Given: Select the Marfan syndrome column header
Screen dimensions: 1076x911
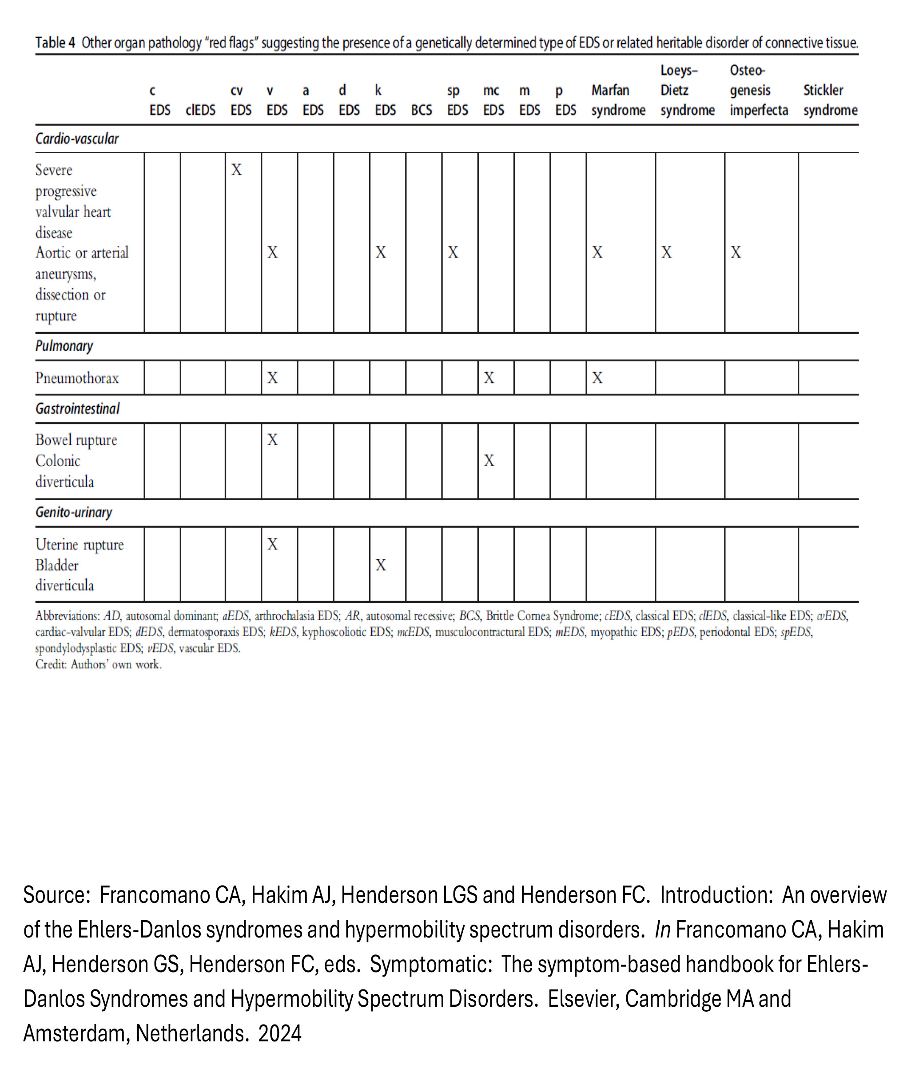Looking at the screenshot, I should [618, 100].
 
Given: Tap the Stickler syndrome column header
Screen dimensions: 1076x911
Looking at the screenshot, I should [829, 100].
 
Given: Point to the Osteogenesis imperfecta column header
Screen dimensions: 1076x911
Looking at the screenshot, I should [758, 90].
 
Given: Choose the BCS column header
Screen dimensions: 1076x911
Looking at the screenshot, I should [421, 111].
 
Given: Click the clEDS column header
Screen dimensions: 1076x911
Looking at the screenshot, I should [200, 111].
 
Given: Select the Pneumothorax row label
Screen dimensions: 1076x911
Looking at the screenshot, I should [77, 378].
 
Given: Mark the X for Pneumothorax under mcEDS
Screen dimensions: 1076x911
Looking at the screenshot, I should [489, 378].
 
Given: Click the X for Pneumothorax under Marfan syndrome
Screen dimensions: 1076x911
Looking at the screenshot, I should [597, 378].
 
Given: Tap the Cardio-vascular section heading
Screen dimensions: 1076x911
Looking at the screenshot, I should [77, 139].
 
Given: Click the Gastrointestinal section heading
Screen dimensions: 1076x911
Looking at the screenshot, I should [77, 409].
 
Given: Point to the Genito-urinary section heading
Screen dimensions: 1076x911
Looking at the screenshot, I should [74, 512].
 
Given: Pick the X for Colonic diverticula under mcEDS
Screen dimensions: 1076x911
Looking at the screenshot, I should [489, 460].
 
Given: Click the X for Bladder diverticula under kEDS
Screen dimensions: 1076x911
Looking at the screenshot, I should [381, 565].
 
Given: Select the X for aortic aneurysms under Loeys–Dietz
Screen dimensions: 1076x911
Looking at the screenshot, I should [667, 253].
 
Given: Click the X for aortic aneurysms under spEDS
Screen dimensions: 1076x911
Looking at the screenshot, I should [453, 253].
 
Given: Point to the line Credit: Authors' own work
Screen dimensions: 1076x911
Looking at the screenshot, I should [98, 665].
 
